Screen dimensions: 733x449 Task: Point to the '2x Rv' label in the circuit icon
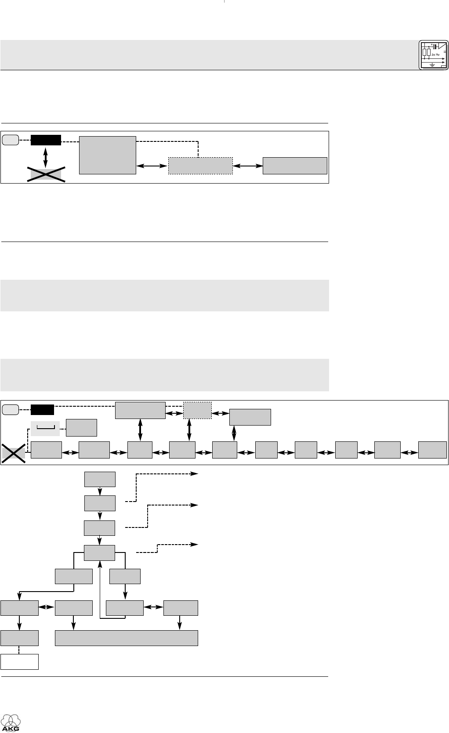pos(435,54)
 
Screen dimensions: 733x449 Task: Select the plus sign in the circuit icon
pos(432,46)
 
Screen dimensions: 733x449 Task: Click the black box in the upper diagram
pos(46,140)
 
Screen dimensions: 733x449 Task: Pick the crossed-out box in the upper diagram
pos(47,174)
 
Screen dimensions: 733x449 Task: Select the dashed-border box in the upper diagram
pos(200,166)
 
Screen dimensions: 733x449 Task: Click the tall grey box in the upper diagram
pos(108,155)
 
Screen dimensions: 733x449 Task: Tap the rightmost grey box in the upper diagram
pos(295,166)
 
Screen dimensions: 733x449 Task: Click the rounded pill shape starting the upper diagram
pos(10,140)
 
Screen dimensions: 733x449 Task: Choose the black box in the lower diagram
pos(42,410)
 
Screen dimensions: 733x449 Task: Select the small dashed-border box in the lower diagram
pos(197,410)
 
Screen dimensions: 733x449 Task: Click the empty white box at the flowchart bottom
pos(19,661)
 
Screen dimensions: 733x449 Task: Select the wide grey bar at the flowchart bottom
pos(126,638)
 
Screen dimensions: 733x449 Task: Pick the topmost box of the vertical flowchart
pos(100,479)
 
